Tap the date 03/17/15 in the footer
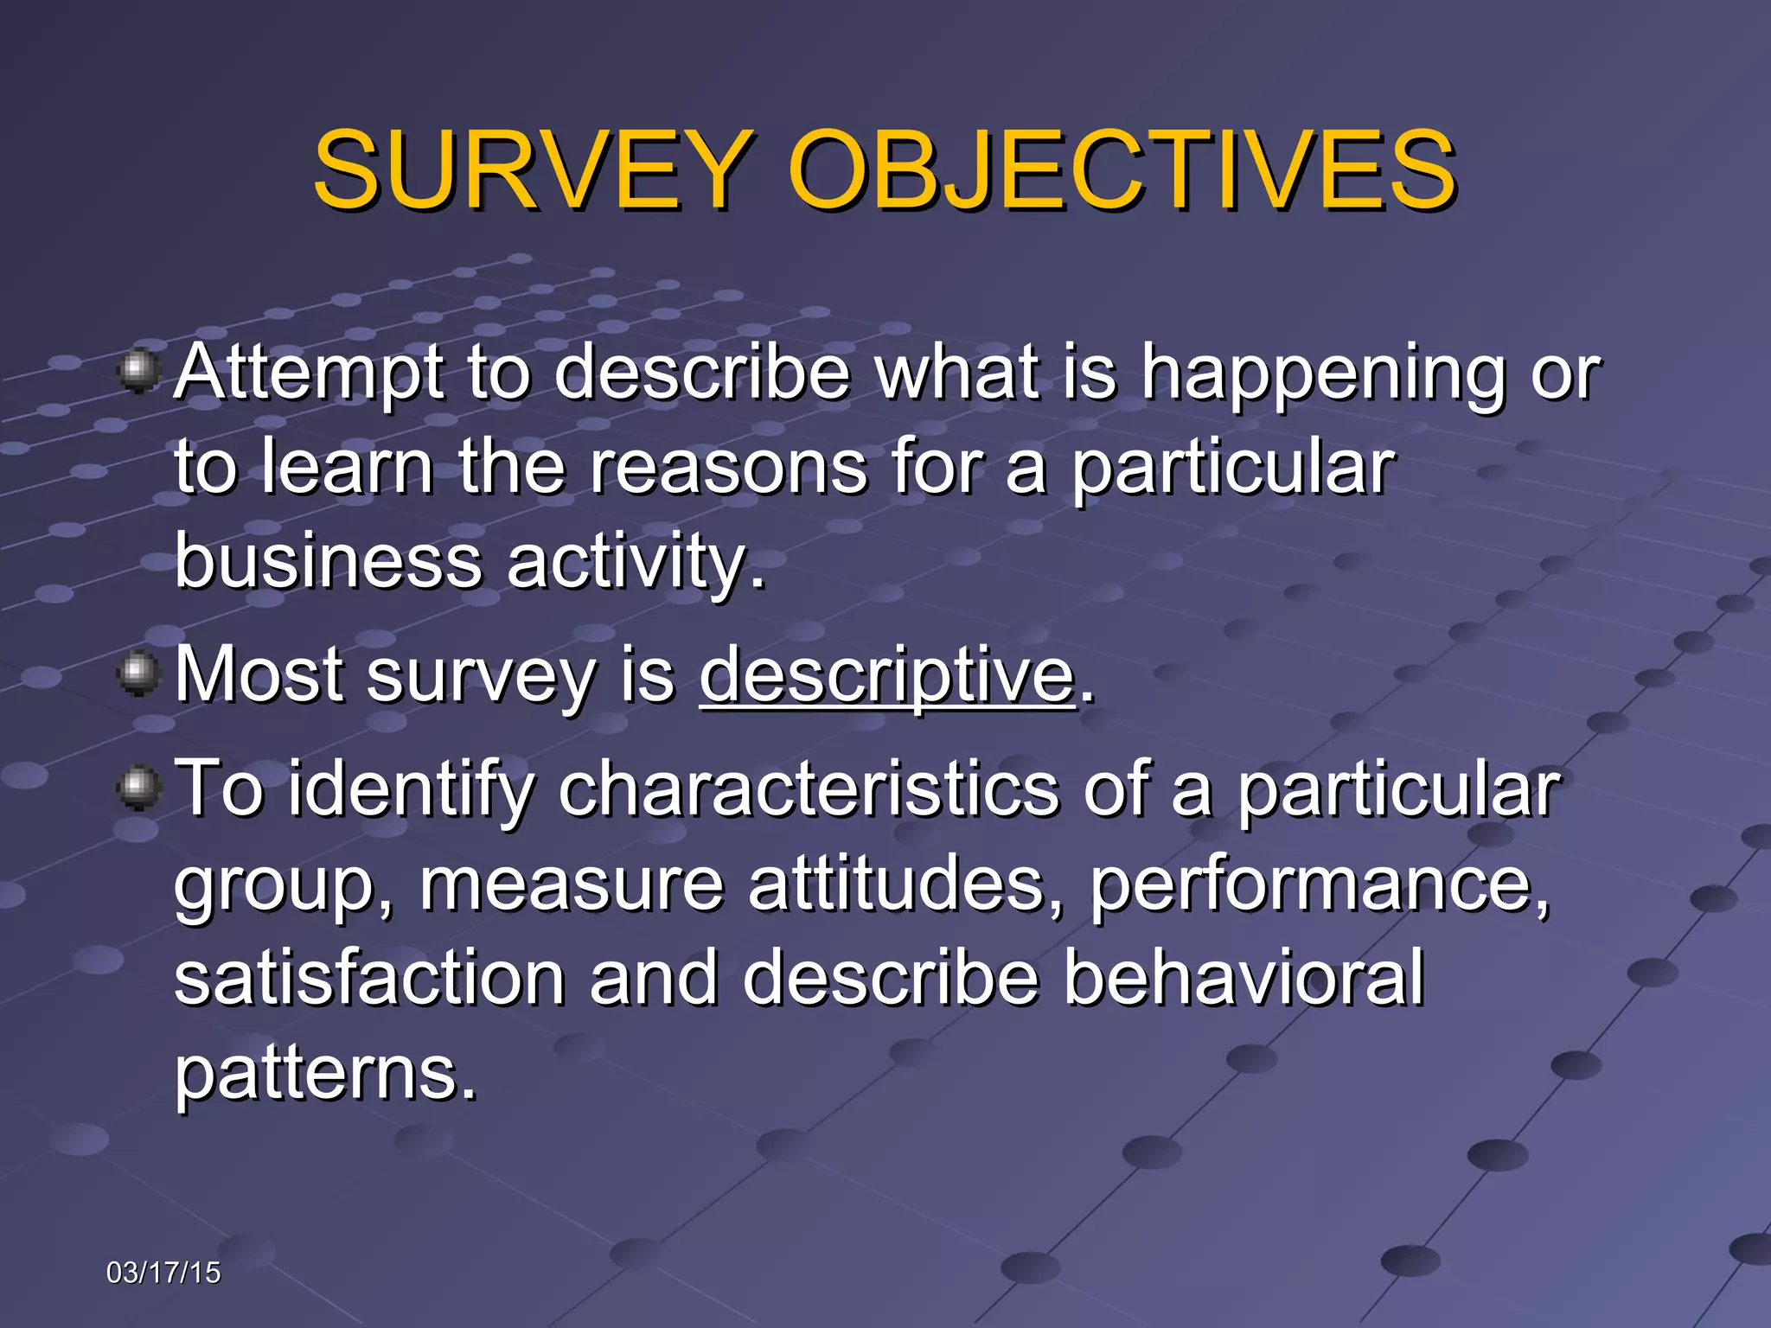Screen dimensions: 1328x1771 (163, 1273)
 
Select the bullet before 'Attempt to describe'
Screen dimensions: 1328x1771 (138, 373)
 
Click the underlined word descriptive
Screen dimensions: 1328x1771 (887, 676)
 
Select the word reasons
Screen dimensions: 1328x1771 (728, 467)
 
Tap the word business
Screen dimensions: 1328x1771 (328, 559)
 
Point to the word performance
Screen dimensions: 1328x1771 (1318, 885)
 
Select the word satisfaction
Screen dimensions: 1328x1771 (370, 977)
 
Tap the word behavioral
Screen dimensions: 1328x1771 (1244, 977)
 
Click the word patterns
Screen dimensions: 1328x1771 (325, 1074)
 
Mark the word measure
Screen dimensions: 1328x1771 (572, 885)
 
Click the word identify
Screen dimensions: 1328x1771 (412, 789)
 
